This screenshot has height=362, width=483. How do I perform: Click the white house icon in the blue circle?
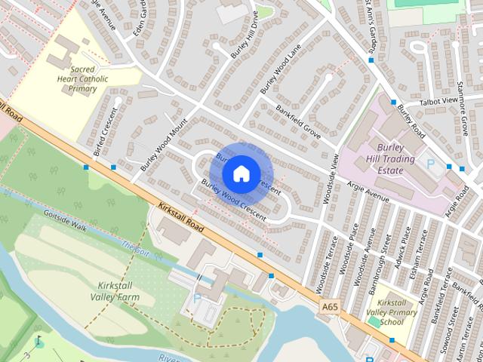tap(241, 173)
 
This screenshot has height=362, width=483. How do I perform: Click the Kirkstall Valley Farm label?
tap(118, 291)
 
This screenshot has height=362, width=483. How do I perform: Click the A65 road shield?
tap(329, 307)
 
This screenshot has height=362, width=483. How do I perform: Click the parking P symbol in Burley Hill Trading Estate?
tap(431, 163)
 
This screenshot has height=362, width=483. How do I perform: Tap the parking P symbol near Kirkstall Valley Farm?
tap(197, 299)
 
